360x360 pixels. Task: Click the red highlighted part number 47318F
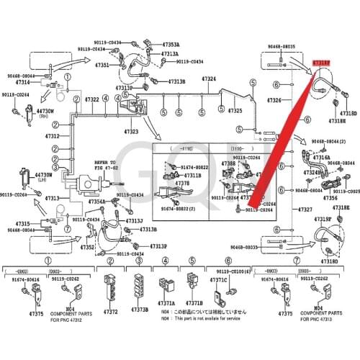(321, 63)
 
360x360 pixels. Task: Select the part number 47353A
(169, 45)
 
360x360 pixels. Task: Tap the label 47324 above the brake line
(209, 78)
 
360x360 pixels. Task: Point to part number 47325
(236, 112)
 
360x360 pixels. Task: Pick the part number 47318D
(348, 113)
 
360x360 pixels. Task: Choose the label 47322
(91, 98)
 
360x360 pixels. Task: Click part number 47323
(131, 132)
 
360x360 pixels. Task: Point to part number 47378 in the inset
(183, 184)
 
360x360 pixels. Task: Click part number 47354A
(96, 202)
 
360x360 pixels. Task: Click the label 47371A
(167, 304)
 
